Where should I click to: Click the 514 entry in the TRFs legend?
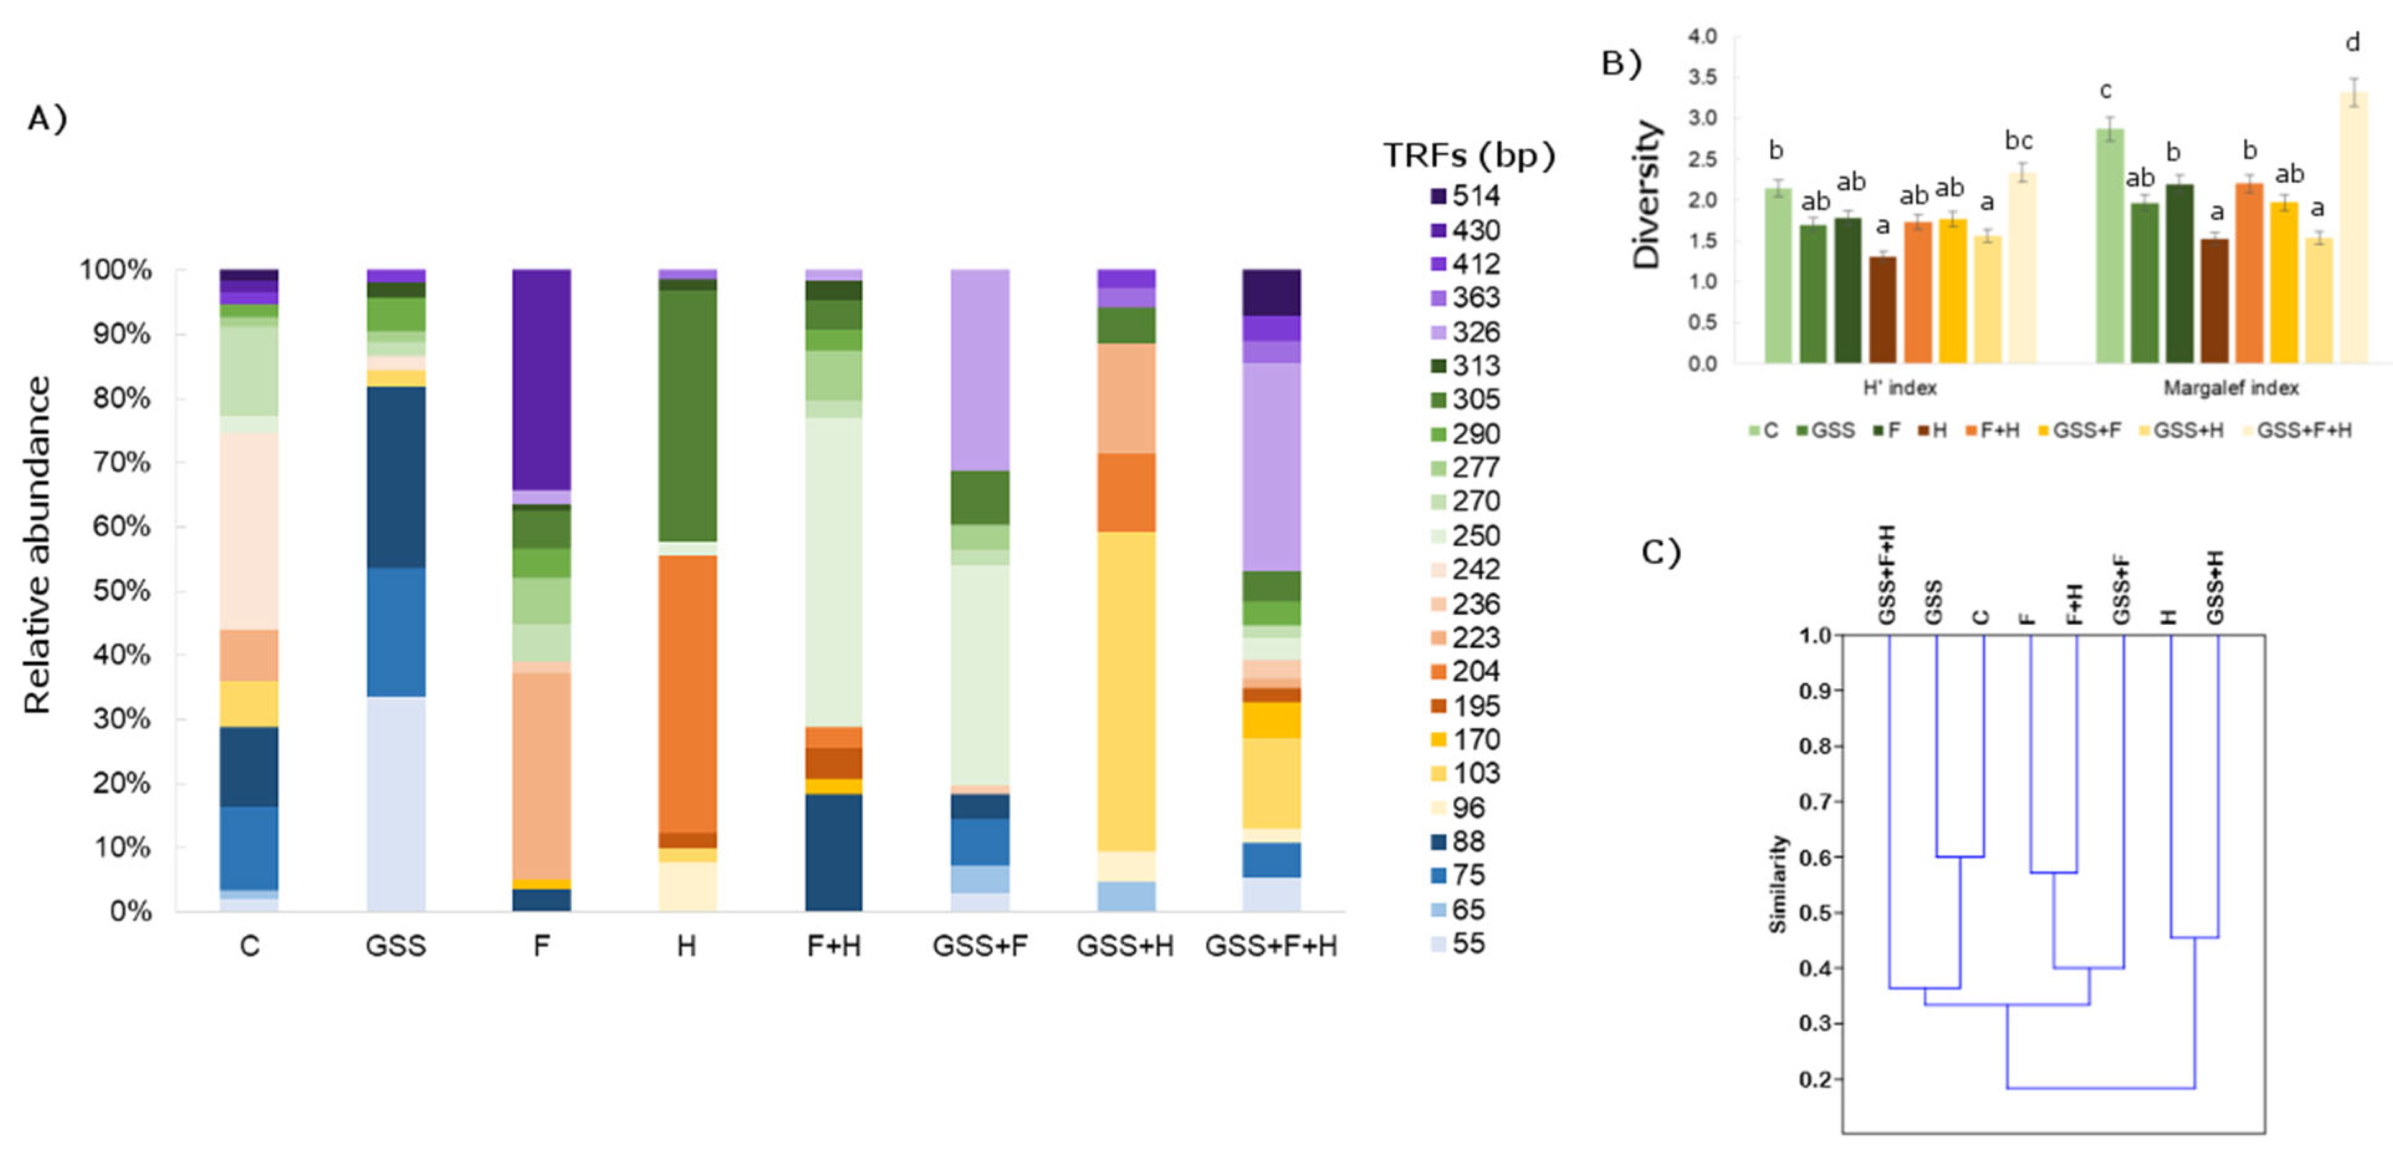click(1465, 196)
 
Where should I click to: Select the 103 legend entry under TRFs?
click(1465, 773)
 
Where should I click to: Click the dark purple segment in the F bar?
click(541, 379)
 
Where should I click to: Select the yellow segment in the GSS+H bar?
click(1126, 691)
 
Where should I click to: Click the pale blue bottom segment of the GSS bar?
click(396, 803)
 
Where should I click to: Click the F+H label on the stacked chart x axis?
click(834, 946)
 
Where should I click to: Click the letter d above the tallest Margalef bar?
click(2352, 43)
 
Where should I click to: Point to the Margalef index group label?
click(2230, 388)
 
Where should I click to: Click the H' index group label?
click(1899, 388)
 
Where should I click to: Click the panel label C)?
click(1661, 553)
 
